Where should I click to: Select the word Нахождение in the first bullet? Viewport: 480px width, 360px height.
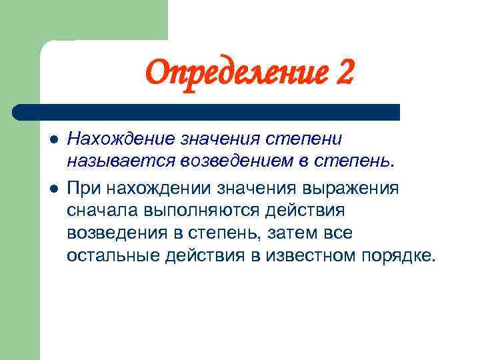pyautogui.click(x=121, y=139)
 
